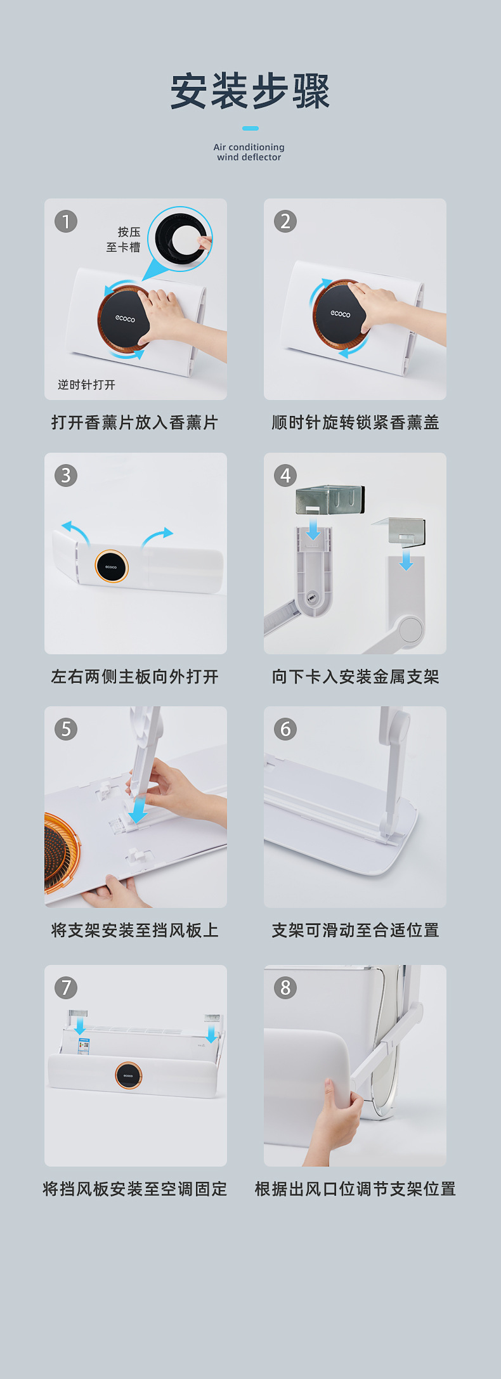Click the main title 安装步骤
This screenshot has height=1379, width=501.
(x=251, y=91)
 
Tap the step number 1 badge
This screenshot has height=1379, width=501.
(x=66, y=222)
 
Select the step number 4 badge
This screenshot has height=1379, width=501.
(x=285, y=476)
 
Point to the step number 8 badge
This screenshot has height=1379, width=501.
(x=285, y=988)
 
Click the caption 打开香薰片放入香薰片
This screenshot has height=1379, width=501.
(x=135, y=423)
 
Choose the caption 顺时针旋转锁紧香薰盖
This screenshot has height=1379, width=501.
(x=355, y=423)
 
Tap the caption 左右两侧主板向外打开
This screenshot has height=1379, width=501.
(x=135, y=677)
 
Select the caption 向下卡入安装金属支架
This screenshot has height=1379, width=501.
(x=355, y=677)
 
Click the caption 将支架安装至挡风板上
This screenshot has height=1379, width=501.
(x=135, y=931)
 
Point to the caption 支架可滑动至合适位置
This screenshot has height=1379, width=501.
(x=355, y=931)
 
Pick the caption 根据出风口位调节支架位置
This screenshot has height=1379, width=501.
(x=355, y=1189)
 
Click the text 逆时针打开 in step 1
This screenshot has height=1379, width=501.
(x=86, y=385)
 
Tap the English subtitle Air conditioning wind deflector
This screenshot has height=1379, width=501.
(x=249, y=152)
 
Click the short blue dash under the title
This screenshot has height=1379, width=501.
(x=251, y=128)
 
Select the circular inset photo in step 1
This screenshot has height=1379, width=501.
(x=180, y=238)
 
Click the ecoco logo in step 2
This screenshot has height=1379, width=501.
(x=341, y=314)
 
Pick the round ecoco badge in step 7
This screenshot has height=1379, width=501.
(x=128, y=1076)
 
